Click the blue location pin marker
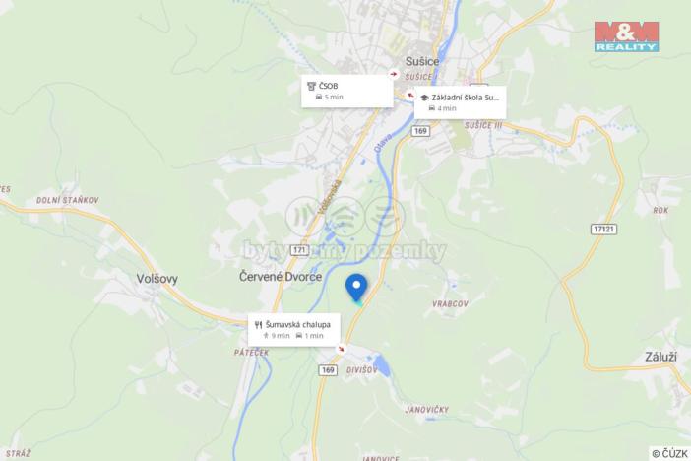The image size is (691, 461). pyautogui.click(x=357, y=287)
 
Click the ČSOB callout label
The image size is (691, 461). pyautogui.click(x=346, y=91)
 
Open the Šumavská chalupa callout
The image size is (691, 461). pyautogui.click(x=295, y=329)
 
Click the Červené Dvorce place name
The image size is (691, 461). pyautogui.click(x=281, y=278)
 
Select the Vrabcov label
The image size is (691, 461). pyautogui.click(x=449, y=303)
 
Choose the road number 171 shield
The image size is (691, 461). pyautogui.click(x=300, y=251)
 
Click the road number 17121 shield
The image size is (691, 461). pyautogui.click(x=605, y=228)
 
